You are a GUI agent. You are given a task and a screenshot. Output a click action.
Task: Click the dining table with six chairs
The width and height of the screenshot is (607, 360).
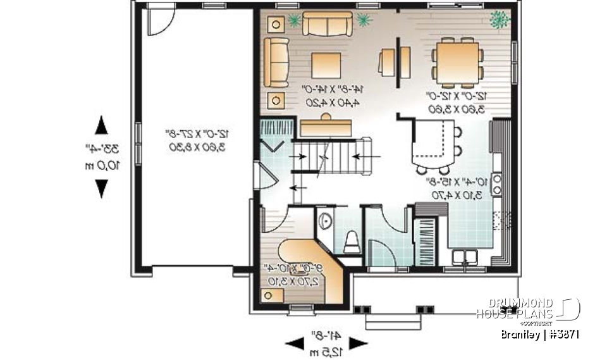(459, 61)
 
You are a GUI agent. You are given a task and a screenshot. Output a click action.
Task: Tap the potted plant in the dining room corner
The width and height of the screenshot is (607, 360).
(501, 20)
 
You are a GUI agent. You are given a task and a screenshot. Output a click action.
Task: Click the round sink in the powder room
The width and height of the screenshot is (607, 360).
(324, 221)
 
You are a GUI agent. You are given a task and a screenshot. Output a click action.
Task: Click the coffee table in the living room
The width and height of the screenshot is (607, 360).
(326, 65)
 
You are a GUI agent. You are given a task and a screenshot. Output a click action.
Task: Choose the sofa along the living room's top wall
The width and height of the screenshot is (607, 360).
(327, 23)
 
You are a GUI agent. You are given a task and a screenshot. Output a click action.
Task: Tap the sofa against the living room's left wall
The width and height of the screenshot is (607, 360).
(276, 62)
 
